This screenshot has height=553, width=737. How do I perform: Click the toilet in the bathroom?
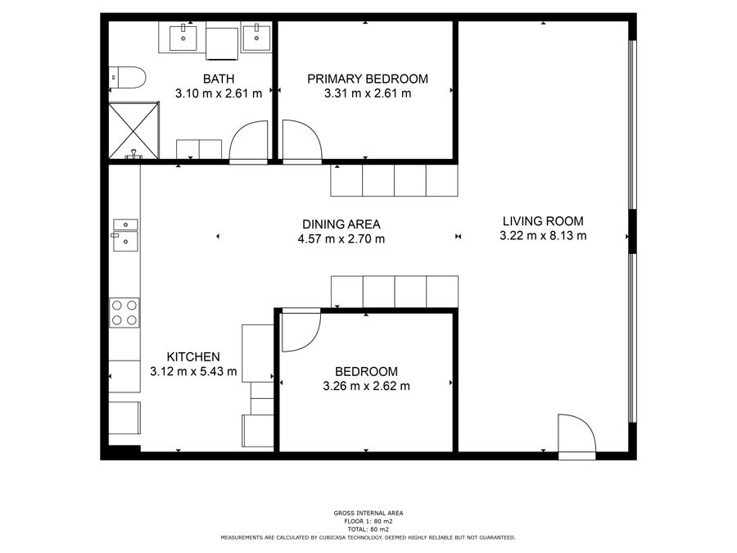point(127,78)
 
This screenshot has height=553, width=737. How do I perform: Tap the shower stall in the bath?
point(134,130)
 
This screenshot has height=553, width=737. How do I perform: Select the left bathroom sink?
point(183,38)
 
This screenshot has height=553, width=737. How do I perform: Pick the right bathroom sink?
point(256,37)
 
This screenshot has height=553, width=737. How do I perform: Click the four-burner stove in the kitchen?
point(124,313)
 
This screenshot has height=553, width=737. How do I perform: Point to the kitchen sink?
point(125,235)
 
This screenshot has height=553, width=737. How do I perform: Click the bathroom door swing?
point(249,141)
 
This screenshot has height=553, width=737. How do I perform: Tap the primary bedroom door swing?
point(302,141)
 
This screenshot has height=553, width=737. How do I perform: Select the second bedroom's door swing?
point(301,331)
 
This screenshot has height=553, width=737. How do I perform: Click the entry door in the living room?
point(576,436)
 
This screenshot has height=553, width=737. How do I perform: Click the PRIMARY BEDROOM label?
point(368,79)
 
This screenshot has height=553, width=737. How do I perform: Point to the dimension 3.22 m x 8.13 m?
point(543,236)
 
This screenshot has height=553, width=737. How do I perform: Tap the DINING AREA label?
point(341,224)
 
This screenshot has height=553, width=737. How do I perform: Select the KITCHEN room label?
point(193,357)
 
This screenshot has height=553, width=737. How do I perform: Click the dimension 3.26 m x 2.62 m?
point(366,386)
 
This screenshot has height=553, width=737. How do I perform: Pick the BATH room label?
point(219,79)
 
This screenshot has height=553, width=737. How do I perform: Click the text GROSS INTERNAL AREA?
point(368,513)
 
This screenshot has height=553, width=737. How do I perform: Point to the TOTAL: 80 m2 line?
point(368,529)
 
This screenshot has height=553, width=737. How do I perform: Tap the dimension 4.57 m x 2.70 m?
point(341,239)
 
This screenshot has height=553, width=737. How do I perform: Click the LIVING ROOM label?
point(543,221)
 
